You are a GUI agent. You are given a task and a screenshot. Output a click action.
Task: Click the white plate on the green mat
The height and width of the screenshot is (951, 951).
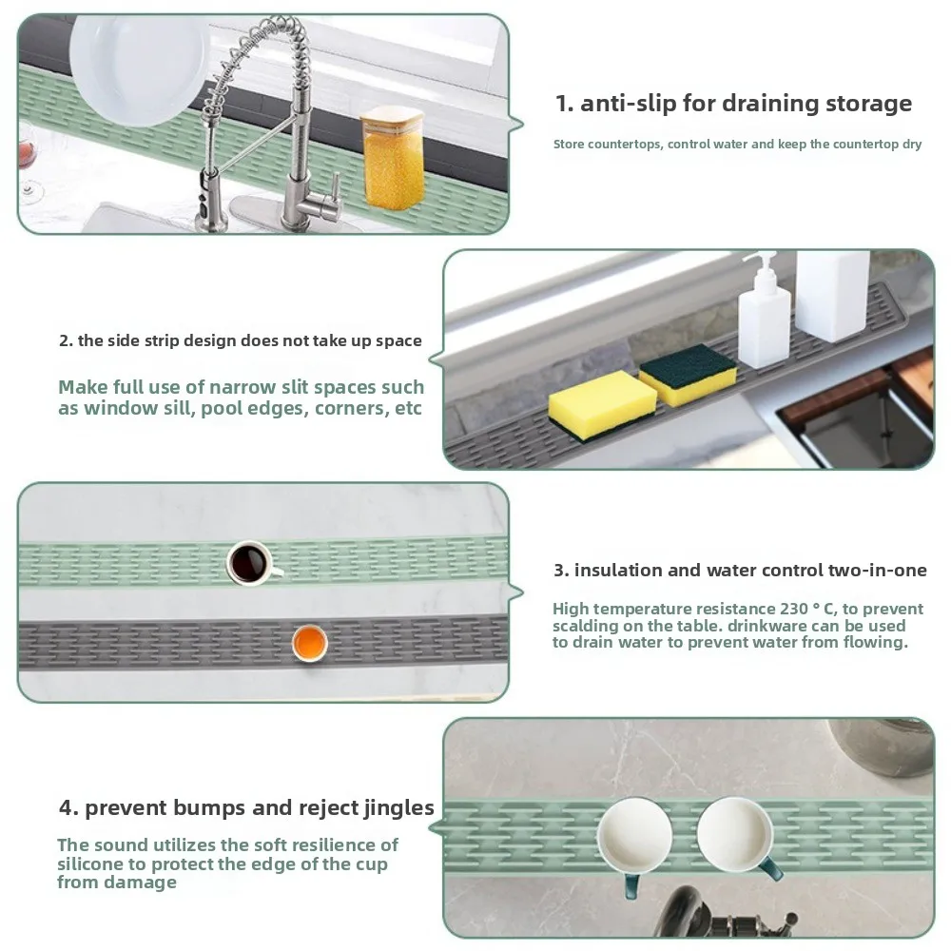pyautogui.click(x=138, y=62)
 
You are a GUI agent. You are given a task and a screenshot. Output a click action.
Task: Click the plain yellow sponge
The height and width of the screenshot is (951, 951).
pyautogui.click(x=601, y=404)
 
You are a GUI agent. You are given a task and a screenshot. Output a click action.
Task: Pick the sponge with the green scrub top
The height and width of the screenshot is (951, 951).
pyautogui.click(x=687, y=375)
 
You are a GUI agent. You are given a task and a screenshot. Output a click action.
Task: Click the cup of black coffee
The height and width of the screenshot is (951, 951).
pyautogui.click(x=251, y=562)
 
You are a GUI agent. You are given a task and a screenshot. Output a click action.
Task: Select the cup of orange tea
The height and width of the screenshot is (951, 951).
pyautogui.click(x=309, y=644)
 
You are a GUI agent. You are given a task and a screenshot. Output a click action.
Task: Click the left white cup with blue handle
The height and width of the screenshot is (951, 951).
pyautogui.click(x=634, y=836)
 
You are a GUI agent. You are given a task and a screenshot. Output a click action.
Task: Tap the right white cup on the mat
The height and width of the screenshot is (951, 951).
pyautogui.click(x=734, y=831)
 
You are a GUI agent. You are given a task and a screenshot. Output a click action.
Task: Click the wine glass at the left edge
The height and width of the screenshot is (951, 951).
pyautogui.click(x=29, y=166)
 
